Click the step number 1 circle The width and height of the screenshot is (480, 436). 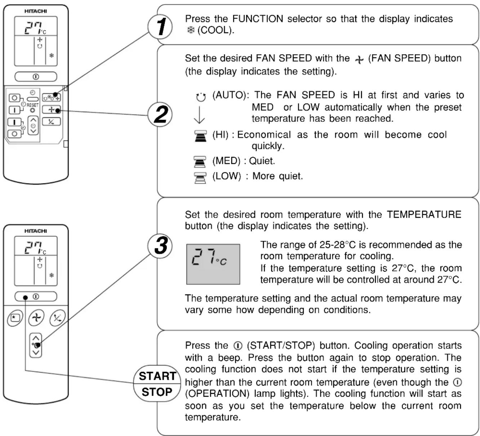pyautogui.click(x=160, y=27)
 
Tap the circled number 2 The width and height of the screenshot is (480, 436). pyautogui.click(x=160, y=114)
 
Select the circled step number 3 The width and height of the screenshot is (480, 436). pyautogui.click(x=160, y=246)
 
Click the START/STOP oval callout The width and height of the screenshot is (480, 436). pyautogui.click(x=157, y=383)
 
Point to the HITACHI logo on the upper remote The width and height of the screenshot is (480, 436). pyautogui.click(x=36, y=11)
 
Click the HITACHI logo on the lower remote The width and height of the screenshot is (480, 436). pyautogui.click(x=36, y=231)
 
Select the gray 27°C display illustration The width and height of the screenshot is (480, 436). pyautogui.click(x=213, y=264)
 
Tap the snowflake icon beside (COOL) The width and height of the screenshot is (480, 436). pyautogui.click(x=191, y=30)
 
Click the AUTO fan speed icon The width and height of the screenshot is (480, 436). pyautogui.click(x=200, y=97)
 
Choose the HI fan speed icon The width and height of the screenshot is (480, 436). pyautogui.click(x=200, y=136)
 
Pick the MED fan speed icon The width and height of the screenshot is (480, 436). pyautogui.click(x=200, y=161)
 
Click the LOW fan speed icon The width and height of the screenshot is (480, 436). pyautogui.click(x=200, y=178)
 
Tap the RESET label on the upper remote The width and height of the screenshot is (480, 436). pyautogui.click(x=32, y=105)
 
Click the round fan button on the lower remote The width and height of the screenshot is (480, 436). pyautogui.click(x=36, y=318)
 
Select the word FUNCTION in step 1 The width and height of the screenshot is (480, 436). pyautogui.click(x=258, y=19)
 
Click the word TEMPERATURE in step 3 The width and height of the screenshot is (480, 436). pyautogui.click(x=424, y=214)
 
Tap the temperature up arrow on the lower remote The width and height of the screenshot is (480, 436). pyautogui.click(x=36, y=338)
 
